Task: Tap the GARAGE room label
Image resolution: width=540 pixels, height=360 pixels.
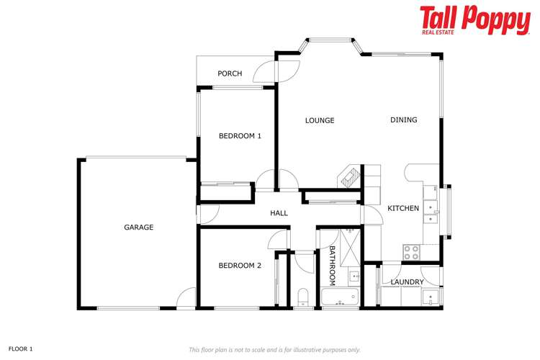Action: click(x=138, y=228)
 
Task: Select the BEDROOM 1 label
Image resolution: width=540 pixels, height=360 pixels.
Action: click(x=240, y=135)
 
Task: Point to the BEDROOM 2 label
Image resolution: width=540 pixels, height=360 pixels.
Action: click(x=240, y=266)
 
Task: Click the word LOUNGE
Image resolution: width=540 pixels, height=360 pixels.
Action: click(x=320, y=120)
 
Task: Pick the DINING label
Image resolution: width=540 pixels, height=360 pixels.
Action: click(x=403, y=120)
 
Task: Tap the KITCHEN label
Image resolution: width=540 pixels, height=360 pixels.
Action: click(x=403, y=209)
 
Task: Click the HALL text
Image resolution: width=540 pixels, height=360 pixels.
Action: click(x=279, y=213)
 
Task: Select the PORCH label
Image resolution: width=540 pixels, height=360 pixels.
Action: click(x=230, y=73)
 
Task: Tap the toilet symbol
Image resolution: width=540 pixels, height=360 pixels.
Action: click(x=302, y=297)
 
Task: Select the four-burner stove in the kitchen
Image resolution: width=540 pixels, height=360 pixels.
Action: click(x=411, y=252)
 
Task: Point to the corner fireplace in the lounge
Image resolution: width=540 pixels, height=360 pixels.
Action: click(x=350, y=176)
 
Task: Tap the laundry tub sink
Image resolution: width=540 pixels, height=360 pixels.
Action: click(x=430, y=296)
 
